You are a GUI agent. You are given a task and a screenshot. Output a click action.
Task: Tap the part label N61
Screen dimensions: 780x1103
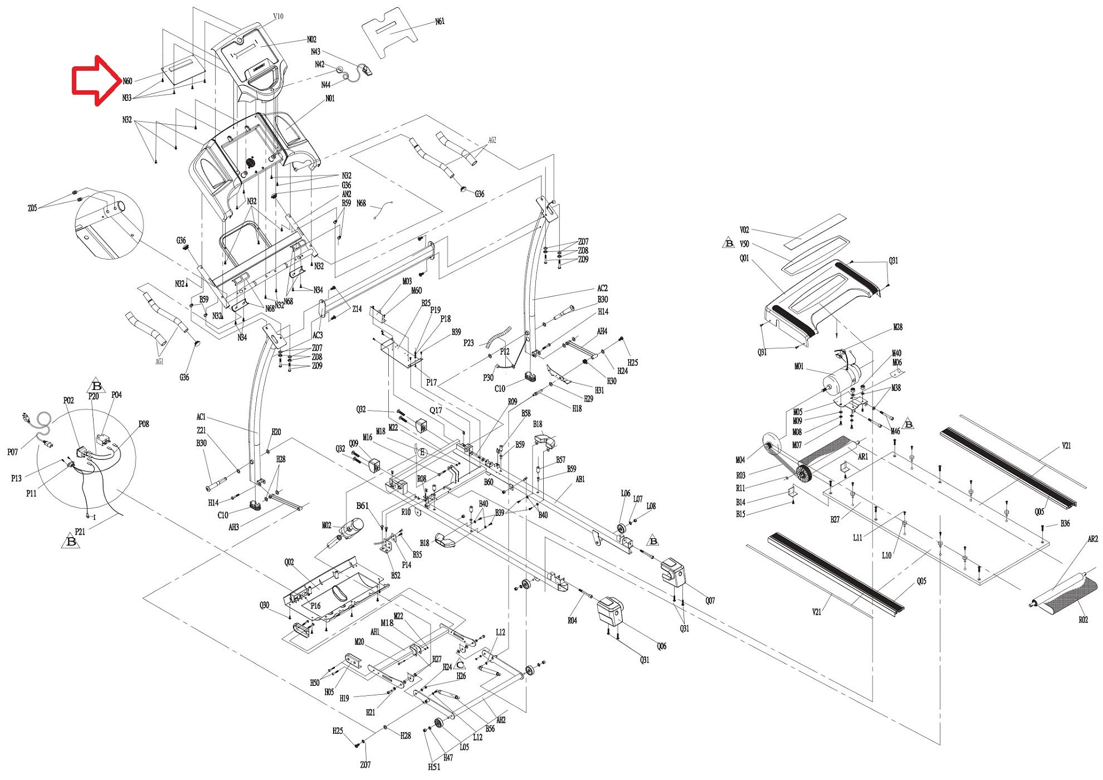pyautogui.click(x=440, y=22)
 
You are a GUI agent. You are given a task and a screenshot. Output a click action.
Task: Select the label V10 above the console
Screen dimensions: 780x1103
pyautogui.click(x=278, y=16)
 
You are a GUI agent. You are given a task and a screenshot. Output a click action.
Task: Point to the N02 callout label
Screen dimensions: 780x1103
pyautogui.click(x=311, y=40)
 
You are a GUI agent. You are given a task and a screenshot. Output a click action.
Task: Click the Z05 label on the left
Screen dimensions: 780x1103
pyautogui.click(x=32, y=208)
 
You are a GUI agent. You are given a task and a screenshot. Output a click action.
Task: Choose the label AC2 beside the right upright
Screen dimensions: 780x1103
pyautogui.click(x=602, y=288)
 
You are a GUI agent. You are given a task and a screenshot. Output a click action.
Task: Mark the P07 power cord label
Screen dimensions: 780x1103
pyautogui.click(x=12, y=452)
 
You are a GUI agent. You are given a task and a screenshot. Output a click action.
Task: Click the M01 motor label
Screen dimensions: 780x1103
pyautogui.click(x=799, y=367)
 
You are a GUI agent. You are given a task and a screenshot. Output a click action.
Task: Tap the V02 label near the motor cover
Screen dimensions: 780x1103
pyautogui.click(x=744, y=230)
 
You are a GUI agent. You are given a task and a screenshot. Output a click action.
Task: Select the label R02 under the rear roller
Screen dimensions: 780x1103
pyautogui.click(x=1083, y=620)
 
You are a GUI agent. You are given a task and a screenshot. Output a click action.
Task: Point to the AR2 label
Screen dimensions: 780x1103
pyautogui.click(x=1092, y=539)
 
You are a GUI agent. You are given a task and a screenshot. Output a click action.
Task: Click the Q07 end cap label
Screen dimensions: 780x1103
pyautogui.click(x=710, y=601)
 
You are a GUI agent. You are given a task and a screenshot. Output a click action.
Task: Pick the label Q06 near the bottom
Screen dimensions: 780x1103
pyautogui.click(x=661, y=646)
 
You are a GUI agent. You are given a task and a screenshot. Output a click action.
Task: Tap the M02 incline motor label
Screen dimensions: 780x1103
pyautogui.click(x=326, y=525)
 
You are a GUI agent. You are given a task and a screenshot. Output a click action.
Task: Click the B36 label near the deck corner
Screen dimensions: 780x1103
pyautogui.click(x=1065, y=523)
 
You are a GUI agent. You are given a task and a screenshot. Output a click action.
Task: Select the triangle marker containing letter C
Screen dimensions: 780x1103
pyautogui.click(x=460, y=665)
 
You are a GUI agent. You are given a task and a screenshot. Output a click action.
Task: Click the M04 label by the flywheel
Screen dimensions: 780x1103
pyautogui.click(x=740, y=460)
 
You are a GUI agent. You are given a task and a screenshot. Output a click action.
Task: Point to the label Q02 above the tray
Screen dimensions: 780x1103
pyautogui.click(x=289, y=562)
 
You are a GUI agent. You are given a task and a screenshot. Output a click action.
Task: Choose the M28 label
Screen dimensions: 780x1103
pyautogui.click(x=897, y=327)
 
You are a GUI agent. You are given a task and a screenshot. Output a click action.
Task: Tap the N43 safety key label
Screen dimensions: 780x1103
pyautogui.click(x=315, y=52)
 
